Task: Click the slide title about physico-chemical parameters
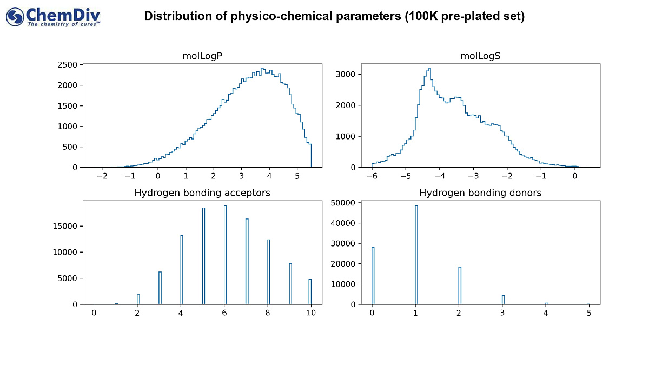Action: point(334,17)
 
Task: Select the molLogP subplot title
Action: point(202,56)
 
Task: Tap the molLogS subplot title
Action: point(480,56)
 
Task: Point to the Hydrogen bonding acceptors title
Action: point(202,193)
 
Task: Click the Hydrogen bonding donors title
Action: point(480,193)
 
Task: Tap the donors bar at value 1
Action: point(416,254)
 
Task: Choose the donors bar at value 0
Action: point(373,276)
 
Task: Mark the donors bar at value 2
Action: point(460,286)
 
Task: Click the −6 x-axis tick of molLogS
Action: point(371,176)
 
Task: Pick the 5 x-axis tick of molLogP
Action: point(297,176)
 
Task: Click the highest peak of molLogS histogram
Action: point(429,69)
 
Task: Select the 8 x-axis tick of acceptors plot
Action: point(268,313)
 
